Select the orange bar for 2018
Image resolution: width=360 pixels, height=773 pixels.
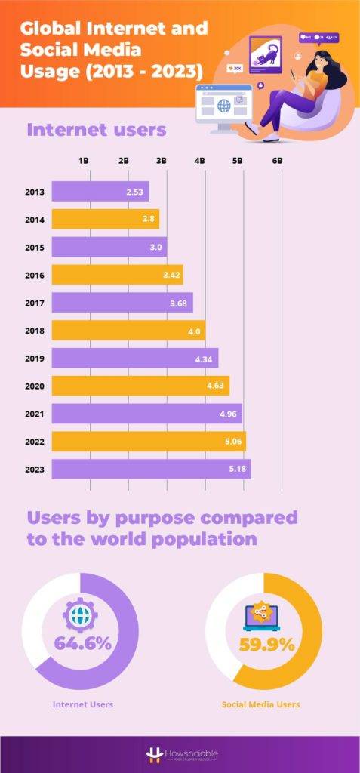coord(128,331)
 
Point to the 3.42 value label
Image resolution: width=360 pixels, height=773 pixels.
coord(171,275)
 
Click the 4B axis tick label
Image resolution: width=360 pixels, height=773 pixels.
coord(199,161)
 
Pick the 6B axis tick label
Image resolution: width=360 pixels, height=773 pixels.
coord(277,161)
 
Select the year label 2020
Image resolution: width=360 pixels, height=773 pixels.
coord(35,386)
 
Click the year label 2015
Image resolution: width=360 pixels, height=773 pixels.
coord(35,248)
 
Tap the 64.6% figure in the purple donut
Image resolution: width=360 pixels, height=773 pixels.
coord(82,644)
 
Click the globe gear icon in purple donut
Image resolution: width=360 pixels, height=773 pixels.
coord(80,613)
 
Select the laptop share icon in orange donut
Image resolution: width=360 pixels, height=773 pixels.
coord(263,615)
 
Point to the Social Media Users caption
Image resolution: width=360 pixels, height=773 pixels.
coord(260,704)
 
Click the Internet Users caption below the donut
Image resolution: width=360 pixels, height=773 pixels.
coord(83,704)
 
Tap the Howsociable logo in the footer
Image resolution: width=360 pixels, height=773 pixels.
coord(180,755)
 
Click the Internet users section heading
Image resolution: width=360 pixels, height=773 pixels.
coord(96,129)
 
